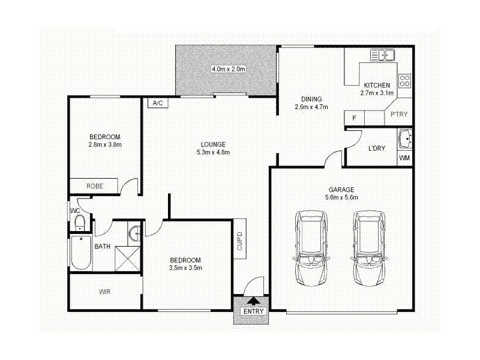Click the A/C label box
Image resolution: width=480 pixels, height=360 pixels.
(158, 103)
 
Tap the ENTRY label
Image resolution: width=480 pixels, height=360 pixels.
(253, 311)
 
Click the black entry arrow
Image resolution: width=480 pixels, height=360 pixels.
(253, 300)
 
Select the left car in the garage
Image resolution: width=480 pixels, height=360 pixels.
(311, 248)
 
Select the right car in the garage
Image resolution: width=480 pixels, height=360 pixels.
(368, 248)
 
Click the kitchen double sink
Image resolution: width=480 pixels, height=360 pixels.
(382, 56)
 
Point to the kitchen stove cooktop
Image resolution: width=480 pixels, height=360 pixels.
(404, 80)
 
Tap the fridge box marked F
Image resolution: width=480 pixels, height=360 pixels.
(354, 118)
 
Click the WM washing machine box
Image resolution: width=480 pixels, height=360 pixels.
(405, 158)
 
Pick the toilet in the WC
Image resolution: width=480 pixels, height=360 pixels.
(79, 223)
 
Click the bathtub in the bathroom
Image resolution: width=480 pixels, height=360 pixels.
(80, 253)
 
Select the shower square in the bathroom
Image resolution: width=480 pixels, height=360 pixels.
(127, 257)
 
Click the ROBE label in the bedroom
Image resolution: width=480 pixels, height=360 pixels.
(95, 186)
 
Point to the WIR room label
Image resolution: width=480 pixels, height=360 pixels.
(106, 292)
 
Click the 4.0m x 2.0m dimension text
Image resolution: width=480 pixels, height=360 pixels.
(229, 69)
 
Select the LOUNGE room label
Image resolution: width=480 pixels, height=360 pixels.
(213, 144)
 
